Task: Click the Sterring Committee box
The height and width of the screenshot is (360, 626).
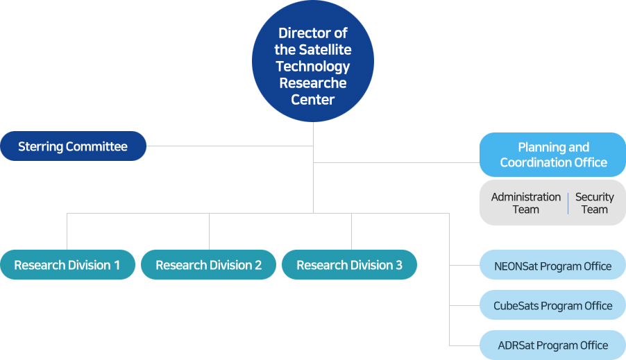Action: click(x=73, y=146)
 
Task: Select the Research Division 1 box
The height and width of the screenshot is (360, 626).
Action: click(x=67, y=264)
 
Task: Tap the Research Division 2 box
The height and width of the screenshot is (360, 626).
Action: click(x=208, y=264)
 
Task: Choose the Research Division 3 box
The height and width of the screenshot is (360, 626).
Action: click(x=349, y=264)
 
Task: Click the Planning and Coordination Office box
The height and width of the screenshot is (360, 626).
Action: click(x=553, y=155)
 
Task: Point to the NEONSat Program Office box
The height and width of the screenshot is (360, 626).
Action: click(x=553, y=265)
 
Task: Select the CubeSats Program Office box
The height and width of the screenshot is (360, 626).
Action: click(x=553, y=305)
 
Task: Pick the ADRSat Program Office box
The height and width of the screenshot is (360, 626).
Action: click(x=553, y=345)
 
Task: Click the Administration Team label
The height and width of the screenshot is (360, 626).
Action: click(x=526, y=203)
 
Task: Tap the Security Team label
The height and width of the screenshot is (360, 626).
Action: click(x=595, y=203)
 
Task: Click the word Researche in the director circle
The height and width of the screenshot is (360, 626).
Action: click(x=313, y=83)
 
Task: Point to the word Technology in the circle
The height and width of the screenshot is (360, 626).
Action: click(x=313, y=67)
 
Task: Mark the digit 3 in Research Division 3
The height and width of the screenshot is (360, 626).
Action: click(x=399, y=265)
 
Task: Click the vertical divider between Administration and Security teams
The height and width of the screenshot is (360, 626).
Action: click(x=568, y=203)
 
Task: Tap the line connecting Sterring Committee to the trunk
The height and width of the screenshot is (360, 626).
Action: click(x=230, y=146)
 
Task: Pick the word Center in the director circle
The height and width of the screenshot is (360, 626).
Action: click(x=312, y=100)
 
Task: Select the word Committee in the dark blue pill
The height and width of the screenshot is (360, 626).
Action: click(x=96, y=146)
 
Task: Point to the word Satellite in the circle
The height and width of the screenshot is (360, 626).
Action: click(x=325, y=49)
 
